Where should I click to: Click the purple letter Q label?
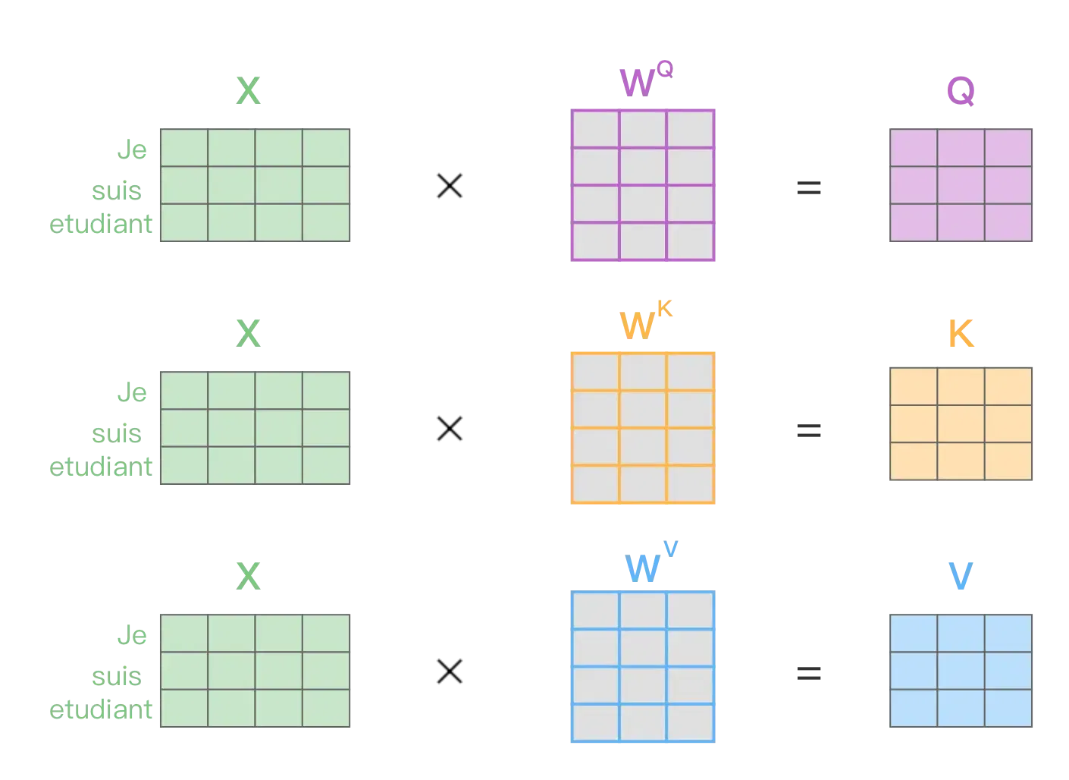(x=961, y=92)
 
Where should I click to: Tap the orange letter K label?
(x=961, y=333)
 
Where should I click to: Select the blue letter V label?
(x=961, y=577)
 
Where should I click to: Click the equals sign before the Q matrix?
(x=809, y=185)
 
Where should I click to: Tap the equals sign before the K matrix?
(x=809, y=428)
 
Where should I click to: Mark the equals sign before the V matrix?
(x=809, y=671)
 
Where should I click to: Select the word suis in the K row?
(x=118, y=432)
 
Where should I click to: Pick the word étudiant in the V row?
(x=102, y=711)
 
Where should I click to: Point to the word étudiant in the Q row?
(x=102, y=225)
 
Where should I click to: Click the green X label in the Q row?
(x=247, y=92)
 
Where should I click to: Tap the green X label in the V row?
(x=247, y=577)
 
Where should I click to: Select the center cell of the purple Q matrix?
(x=961, y=185)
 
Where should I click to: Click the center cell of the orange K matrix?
(x=961, y=424)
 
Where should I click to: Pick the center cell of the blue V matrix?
(x=961, y=671)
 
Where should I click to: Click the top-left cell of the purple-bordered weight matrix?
(x=596, y=129)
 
